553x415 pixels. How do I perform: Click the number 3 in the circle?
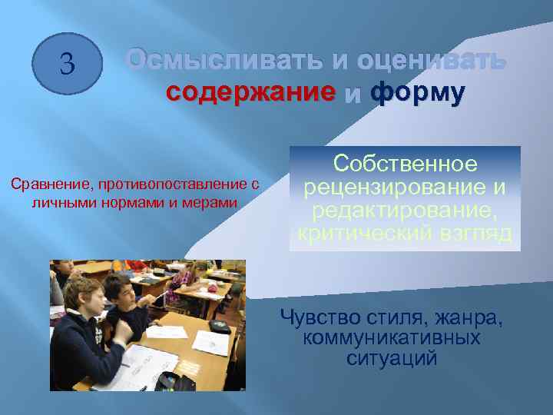tap(67, 64)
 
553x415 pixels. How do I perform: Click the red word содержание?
tap(251, 93)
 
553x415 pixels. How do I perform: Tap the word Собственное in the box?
tap(405, 165)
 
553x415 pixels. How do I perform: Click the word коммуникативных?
tap(392, 337)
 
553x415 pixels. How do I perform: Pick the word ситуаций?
tap(392, 358)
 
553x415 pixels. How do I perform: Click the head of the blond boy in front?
tap(80, 293)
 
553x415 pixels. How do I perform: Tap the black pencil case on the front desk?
tap(168, 380)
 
